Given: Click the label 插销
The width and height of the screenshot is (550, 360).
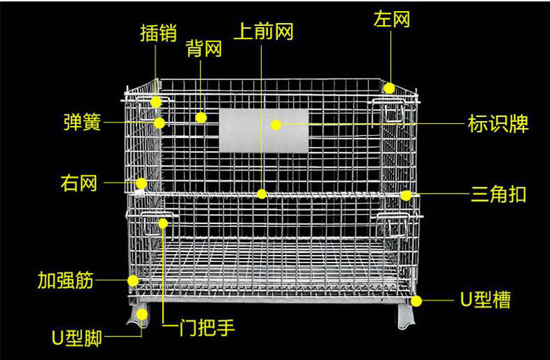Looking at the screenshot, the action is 158,33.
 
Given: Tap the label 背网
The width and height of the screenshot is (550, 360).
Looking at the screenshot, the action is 203,49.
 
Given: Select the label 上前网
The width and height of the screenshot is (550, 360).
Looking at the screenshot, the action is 262,32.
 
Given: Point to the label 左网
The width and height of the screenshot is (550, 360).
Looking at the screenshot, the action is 391,19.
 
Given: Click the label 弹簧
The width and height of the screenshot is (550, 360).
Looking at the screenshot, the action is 81,123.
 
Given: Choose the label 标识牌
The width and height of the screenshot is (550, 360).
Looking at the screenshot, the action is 498,125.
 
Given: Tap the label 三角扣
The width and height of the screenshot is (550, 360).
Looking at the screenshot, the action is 498,194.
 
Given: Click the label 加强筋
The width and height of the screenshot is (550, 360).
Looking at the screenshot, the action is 65,281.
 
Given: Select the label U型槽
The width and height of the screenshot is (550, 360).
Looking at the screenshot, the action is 485,300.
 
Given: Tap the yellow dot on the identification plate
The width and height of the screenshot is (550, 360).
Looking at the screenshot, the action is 276,125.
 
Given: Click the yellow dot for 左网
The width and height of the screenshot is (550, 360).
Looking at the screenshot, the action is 389,88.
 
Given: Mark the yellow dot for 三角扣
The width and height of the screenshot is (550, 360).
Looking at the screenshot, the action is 406,195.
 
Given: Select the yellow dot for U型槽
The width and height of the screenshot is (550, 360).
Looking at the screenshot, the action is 416,301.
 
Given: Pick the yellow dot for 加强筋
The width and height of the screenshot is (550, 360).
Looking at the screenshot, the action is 132,281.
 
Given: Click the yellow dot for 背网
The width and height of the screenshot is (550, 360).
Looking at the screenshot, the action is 201,117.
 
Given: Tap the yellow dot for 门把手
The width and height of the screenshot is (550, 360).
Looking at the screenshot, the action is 164,224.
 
